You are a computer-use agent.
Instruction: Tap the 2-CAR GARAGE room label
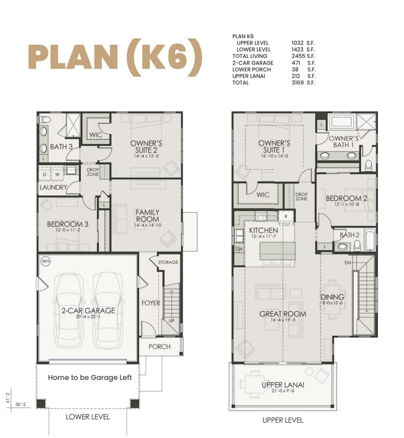click(88, 311)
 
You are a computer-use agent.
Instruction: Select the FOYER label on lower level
click(151, 303)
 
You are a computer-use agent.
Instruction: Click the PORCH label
click(159, 347)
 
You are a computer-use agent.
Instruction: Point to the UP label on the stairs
click(172, 321)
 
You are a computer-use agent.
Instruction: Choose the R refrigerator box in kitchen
click(286, 216)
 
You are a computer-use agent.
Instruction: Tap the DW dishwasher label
click(239, 249)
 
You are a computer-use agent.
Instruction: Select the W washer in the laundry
click(57, 173)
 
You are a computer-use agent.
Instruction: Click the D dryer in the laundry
click(45, 173)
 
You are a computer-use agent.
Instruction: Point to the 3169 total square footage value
click(298, 83)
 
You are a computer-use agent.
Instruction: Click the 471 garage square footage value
click(296, 63)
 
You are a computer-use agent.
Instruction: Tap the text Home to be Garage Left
click(90, 377)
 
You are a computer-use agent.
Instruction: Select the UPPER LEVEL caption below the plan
click(283, 420)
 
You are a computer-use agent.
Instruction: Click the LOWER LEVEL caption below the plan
click(88, 417)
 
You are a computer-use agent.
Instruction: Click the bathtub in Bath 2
click(369, 240)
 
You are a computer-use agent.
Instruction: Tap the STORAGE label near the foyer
click(168, 262)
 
